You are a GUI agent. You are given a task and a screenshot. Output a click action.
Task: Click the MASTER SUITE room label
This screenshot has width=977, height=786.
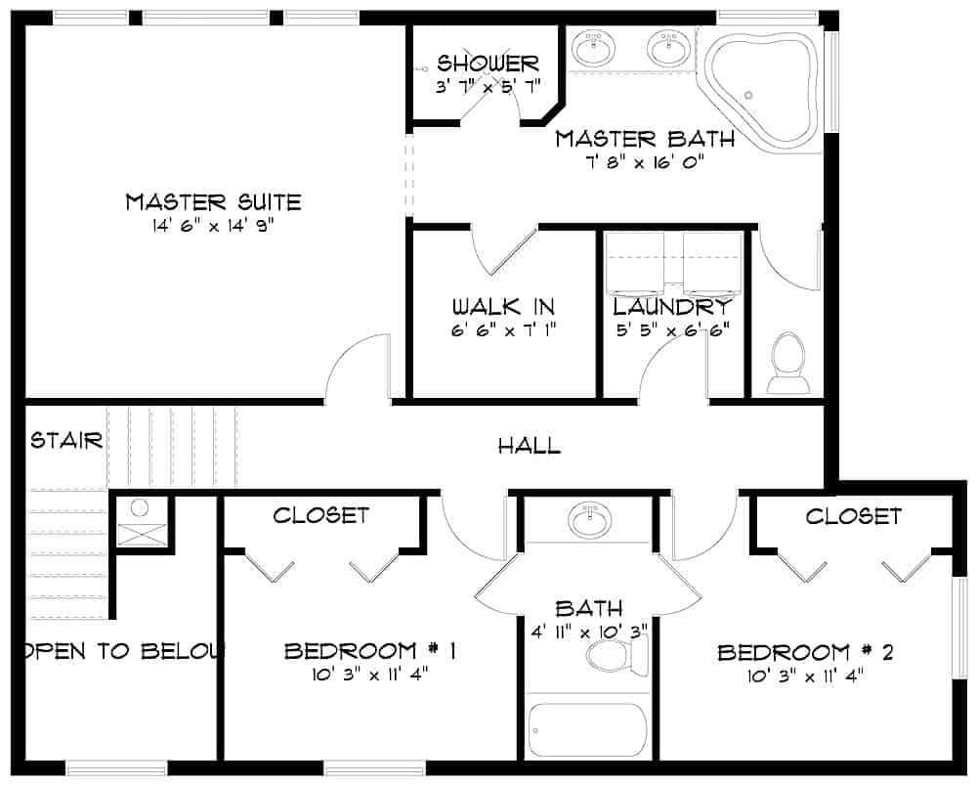click(x=213, y=202)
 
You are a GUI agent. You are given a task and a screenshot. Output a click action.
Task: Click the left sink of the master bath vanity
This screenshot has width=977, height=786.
click(x=592, y=47)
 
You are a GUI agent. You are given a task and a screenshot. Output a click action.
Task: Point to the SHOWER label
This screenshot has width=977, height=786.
click(x=488, y=65)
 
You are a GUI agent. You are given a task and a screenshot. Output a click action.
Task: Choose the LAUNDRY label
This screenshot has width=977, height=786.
click(x=671, y=306)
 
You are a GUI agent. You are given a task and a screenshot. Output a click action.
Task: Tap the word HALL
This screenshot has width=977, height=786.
click(x=530, y=447)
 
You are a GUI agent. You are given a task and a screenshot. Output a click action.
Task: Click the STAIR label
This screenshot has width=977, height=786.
click(x=66, y=440)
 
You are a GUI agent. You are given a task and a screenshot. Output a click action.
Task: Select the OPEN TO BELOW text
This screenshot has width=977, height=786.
click(x=122, y=651)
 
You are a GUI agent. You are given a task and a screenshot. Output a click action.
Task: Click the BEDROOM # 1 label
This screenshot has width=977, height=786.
click(x=371, y=651)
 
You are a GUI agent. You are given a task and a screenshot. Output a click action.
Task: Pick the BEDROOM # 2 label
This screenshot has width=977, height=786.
click(x=805, y=652)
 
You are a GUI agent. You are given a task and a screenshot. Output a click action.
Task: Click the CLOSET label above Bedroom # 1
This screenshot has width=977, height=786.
click(x=320, y=515)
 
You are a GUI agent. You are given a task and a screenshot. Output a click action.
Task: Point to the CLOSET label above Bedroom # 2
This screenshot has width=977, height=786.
click(x=853, y=515)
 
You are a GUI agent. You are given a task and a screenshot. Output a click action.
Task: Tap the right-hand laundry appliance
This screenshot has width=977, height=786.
click(x=711, y=264)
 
